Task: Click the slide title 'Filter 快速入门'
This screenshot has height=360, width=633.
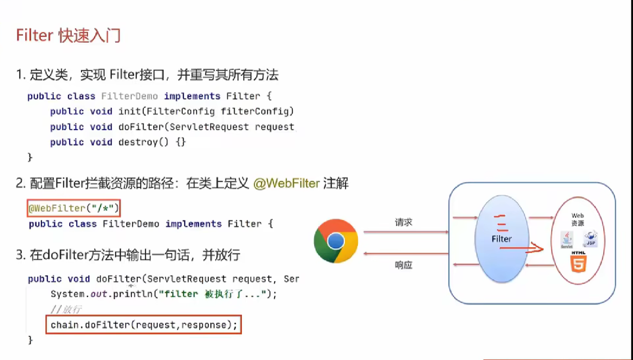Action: pyautogui.click(x=68, y=35)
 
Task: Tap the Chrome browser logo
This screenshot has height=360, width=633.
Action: pyautogui.click(x=336, y=241)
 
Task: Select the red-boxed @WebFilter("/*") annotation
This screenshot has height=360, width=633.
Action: pyautogui.click(x=74, y=208)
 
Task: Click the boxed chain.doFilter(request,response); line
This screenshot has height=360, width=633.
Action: pyautogui.click(x=144, y=325)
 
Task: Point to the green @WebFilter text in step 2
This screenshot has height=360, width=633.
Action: pyautogui.click(x=286, y=183)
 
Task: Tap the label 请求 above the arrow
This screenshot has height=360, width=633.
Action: pyautogui.click(x=403, y=222)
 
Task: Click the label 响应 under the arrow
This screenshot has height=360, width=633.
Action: pyautogui.click(x=403, y=265)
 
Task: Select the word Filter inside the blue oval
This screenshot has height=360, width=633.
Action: pyautogui.click(x=502, y=239)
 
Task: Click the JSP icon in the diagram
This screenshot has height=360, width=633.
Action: pyautogui.click(x=590, y=238)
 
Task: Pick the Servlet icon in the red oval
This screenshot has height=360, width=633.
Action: pyautogui.click(x=567, y=240)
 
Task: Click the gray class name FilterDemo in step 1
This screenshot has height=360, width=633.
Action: pyautogui.click(x=129, y=96)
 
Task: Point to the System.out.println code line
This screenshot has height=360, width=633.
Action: pyautogui.click(x=164, y=294)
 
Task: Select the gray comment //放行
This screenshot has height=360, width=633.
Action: pyautogui.click(x=66, y=309)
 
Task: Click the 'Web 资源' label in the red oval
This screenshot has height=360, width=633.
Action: pyautogui.click(x=578, y=219)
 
